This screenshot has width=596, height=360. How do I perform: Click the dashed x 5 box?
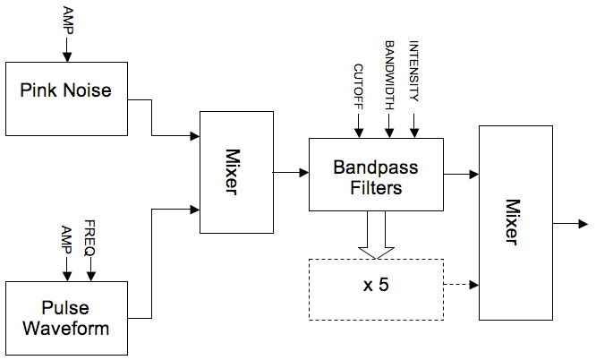pos(376,288)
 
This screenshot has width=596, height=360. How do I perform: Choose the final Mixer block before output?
pos(515,223)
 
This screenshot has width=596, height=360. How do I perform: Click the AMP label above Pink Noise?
pos(67,20)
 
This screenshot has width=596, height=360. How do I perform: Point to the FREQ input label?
pos(89,238)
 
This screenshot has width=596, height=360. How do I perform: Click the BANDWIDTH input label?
pos(389,75)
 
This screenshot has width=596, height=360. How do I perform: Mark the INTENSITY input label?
pos(413,72)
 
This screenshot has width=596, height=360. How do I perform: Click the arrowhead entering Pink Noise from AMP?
pos(67,56)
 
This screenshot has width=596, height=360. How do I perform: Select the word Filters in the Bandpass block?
pos(376,188)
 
